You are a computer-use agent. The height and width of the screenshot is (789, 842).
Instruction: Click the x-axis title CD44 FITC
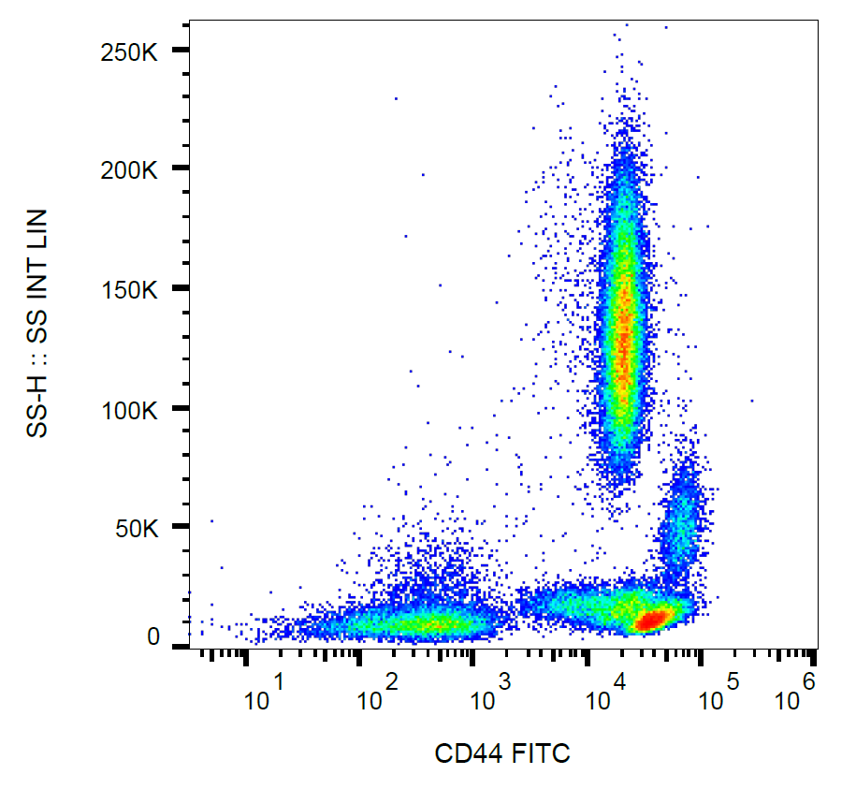(x=502, y=752)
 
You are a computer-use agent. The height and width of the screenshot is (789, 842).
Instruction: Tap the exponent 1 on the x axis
(x=277, y=680)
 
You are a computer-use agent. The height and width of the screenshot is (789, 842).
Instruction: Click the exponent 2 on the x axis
(x=391, y=680)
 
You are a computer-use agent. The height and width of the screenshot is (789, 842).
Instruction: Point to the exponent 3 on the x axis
(x=505, y=680)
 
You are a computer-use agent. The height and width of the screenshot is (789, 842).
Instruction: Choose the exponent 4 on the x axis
(x=619, y=680)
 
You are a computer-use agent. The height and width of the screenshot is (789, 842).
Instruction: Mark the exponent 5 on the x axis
(x=733, y=680)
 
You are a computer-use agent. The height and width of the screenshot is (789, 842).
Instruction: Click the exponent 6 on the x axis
(x=808, y=680)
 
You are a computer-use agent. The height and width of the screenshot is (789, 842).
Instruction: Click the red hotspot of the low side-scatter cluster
(x=653, y=619)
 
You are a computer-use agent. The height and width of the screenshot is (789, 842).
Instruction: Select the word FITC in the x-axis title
(x=540, y=752)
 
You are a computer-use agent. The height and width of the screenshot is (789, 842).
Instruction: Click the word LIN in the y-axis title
(x=37, y=230)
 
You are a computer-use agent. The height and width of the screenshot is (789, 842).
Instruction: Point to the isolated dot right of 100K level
(x=751, y=401)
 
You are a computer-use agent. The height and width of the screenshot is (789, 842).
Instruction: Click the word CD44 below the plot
(x=470, y=752)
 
